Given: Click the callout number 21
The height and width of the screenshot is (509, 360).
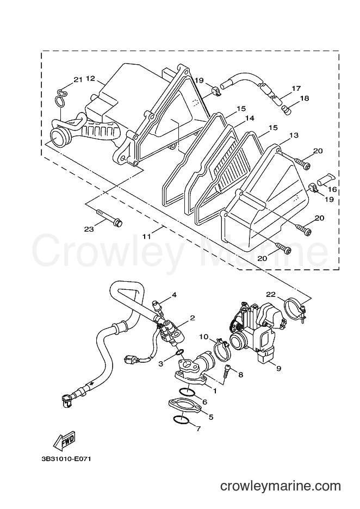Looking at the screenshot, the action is coord(78,80).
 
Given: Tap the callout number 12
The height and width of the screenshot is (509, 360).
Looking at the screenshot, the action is coord(90,78).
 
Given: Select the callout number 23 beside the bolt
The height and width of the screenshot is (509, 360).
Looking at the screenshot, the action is coord(89,229).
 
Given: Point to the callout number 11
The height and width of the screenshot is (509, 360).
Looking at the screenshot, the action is coord(147,237).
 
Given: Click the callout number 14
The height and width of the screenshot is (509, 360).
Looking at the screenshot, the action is coord(250,119).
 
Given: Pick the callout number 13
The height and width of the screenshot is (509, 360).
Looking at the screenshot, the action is coord(294,135).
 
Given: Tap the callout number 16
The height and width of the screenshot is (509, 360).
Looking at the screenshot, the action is coord(333,190).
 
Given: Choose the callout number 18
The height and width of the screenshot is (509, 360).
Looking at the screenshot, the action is coord(305,98).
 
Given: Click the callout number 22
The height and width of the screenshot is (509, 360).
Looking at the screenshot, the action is coord(271,294).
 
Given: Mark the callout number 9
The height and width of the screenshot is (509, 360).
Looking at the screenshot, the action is coord(278,369).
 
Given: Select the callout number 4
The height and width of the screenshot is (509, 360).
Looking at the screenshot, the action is coord(175,295).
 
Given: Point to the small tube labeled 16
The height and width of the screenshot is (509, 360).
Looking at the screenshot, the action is coord(325,179).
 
